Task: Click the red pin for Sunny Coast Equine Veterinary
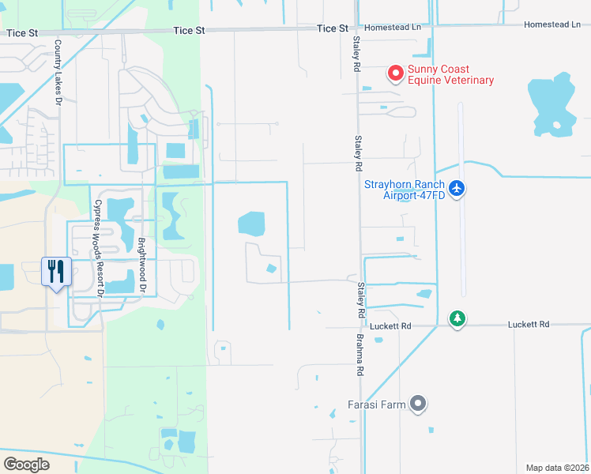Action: pos(395,73)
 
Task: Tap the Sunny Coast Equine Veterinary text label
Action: pos(450,74)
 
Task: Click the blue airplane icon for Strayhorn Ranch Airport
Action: pos(457,189)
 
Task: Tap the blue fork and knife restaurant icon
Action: pos(56,272)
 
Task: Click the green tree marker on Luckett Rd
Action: pos(457,318)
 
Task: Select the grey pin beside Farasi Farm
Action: pos(418,404)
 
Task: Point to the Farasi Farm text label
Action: pos(376,405)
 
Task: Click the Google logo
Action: pos(26,464)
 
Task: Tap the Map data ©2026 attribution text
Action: pos(557,468)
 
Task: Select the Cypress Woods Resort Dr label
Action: pos(100,246)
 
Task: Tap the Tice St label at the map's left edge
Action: pos(21,33)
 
